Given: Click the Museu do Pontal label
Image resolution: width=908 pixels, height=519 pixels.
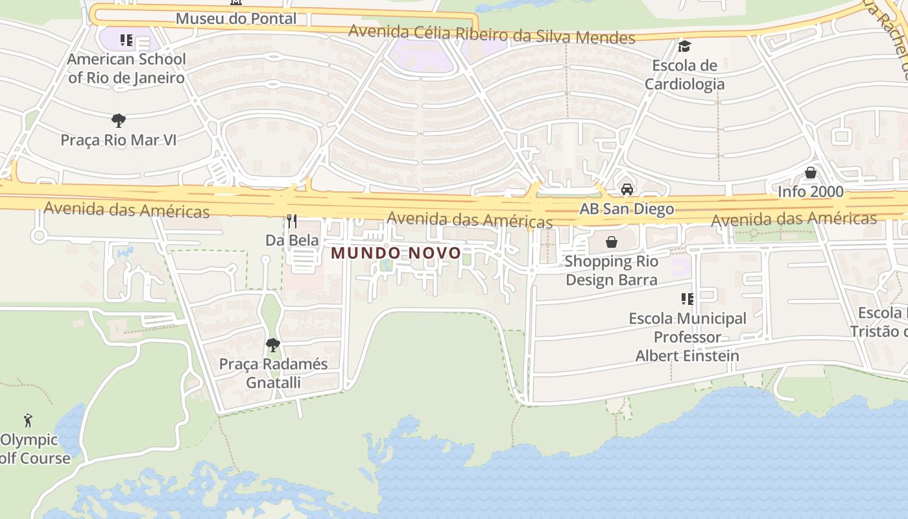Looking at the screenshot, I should click(236, 18).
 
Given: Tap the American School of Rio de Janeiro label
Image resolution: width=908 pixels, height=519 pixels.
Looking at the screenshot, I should click(126, 68).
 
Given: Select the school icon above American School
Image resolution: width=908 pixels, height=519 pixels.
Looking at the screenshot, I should click(126, 41).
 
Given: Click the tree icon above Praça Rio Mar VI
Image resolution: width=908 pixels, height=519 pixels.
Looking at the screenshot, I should click(118, 120).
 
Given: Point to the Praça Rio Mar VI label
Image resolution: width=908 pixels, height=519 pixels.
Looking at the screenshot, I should click(118, 139).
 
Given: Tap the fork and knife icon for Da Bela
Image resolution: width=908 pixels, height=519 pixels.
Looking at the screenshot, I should click(292, 221).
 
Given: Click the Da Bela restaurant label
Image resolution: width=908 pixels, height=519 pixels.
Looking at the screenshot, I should click(292, 240).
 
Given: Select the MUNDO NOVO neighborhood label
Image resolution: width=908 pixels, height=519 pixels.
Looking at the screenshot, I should click(396, 253).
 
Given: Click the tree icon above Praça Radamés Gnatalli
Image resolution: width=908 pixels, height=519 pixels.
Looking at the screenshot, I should click(273, 344).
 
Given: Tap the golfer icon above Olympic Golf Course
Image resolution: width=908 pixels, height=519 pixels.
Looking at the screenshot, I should click(28, 420).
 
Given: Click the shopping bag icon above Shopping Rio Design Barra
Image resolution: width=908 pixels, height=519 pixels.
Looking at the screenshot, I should click(611, 242).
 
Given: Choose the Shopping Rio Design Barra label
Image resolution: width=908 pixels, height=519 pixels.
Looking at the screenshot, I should click(611, 271).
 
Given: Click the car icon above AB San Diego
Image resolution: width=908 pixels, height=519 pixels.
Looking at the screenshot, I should click(627, 189).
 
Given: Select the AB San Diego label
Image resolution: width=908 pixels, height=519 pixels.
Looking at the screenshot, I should click(627, 209).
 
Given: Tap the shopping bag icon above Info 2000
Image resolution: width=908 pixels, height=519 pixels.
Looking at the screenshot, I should click(810, 173).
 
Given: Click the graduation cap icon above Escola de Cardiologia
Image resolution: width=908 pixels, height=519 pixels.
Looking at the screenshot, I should click(684, 46).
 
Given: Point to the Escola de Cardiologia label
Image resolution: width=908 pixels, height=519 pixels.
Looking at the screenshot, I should click(684, 75).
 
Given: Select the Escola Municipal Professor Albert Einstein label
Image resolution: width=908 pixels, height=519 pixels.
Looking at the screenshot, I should click(687, 337).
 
